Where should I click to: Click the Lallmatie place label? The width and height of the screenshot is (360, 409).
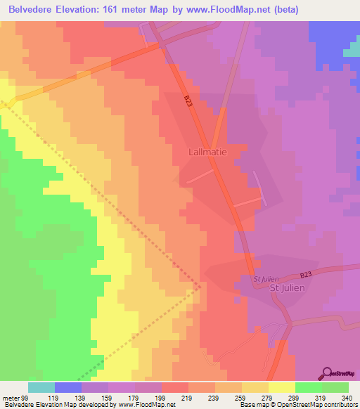(x=208, y=151)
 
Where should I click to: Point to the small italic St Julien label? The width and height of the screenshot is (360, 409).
(x=266, y=278)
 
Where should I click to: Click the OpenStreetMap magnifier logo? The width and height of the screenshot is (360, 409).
(x=328, y=372)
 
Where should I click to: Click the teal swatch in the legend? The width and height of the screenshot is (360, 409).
(x=41, y=387)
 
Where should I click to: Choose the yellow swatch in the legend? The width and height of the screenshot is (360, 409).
(x=281, y=387)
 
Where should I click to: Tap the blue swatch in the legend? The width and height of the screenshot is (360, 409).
(x=68, y=387)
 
